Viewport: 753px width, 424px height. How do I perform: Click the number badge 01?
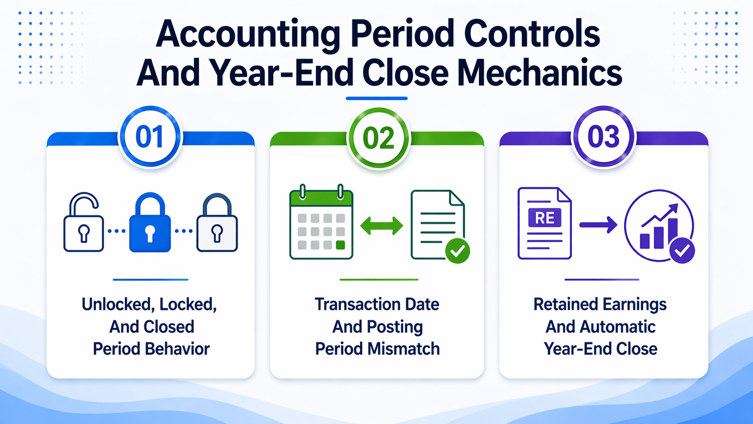tap(150, 137)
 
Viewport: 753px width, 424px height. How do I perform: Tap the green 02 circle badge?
tap(378, 138)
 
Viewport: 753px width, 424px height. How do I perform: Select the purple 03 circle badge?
tap(603, 137)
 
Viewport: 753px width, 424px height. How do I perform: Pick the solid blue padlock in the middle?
tap(150, 223)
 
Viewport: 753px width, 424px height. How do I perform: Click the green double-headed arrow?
tap(381, 226)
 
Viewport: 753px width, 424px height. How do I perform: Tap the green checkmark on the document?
tap(458, 251)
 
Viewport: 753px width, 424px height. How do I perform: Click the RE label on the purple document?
tap(544, 218)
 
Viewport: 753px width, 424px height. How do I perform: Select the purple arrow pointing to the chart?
tap(598, 224)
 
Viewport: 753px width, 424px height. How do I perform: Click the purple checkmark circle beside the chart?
tap(682, 250)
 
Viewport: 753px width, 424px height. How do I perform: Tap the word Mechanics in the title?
tap(539, 73)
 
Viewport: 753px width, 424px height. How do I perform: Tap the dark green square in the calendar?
tap(340, 245)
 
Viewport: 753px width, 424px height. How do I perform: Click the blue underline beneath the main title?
tap(376, 98)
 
